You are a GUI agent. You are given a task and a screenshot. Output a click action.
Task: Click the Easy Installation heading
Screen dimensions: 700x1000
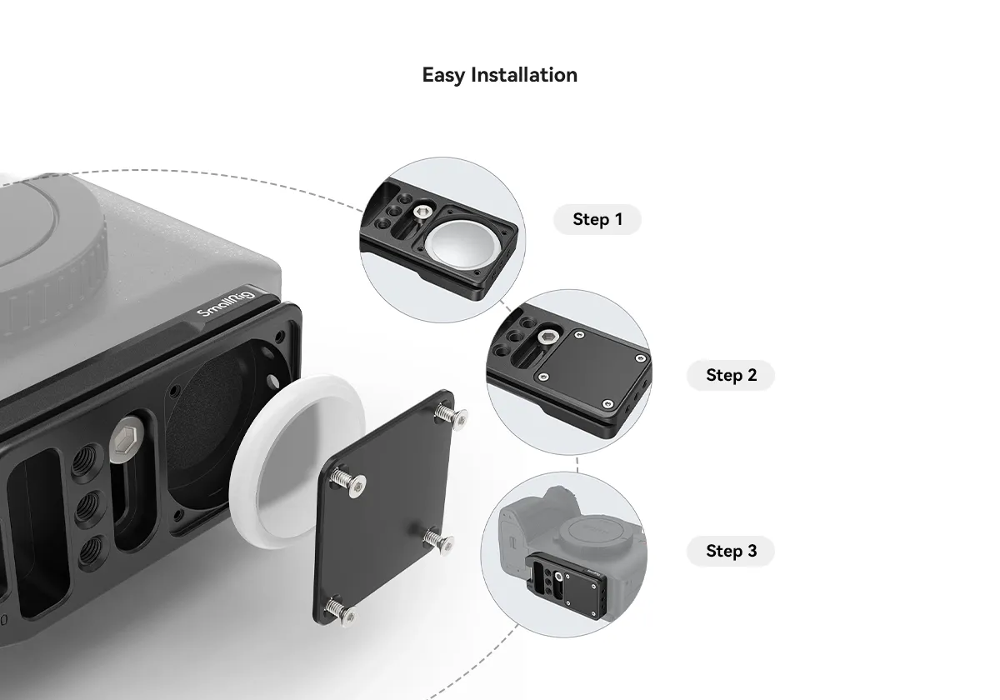499,75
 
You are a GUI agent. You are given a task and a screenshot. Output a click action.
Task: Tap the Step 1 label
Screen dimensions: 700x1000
597,219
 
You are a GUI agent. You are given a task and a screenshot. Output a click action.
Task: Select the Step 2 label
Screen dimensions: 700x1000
731,375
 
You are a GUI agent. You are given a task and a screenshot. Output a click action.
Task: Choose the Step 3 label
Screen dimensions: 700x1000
731,551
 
